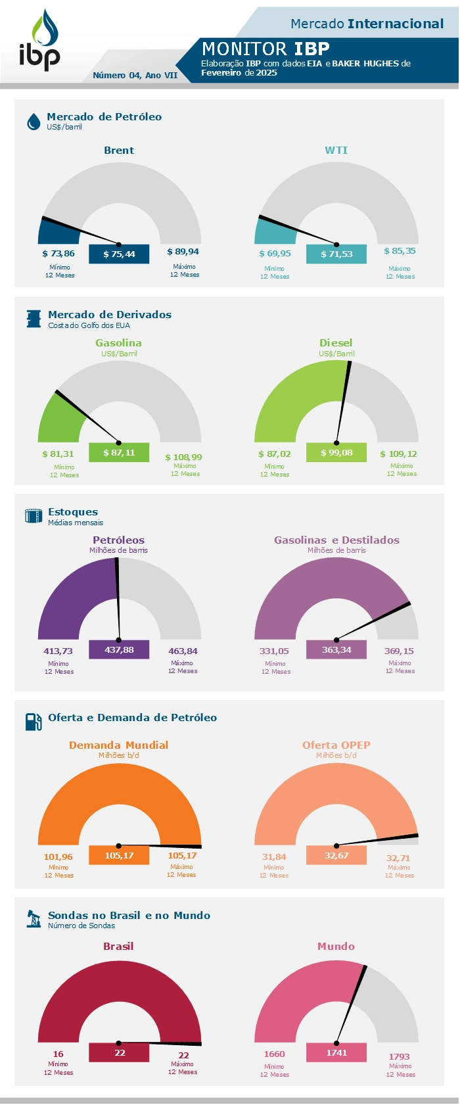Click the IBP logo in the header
click(40, 41)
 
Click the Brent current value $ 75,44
click(119, 254)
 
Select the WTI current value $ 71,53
click(336, 254)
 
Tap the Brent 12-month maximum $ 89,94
click(183, 252)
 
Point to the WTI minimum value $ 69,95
click(275, 254)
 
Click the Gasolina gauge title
click(118, 343)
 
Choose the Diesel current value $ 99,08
click(336, 453)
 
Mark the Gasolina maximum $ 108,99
click(183, 457)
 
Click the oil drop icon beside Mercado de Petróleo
click(34, 122)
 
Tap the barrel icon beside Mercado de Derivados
click(34, 319)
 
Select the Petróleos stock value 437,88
click(119, 650)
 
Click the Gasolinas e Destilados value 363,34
click(336, 650)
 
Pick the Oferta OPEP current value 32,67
click(336, 856)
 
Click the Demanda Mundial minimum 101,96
click(58, 857)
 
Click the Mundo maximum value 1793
click(399, 1057)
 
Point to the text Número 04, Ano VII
click(135, 76)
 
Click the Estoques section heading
click(73, 512)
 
